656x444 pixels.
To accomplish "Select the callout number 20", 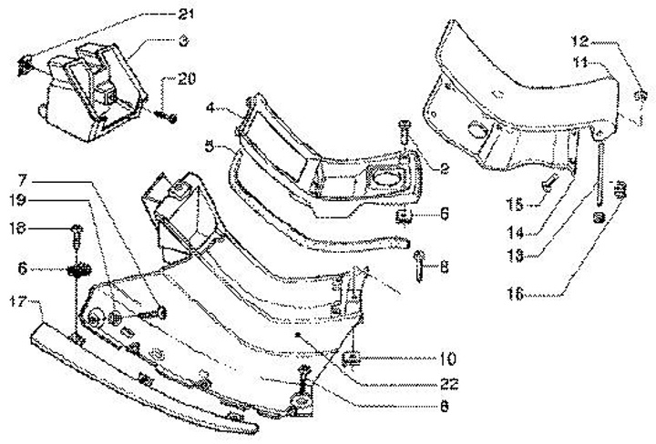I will [x=186, y=79].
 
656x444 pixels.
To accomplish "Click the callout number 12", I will [x=580, y=41].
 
